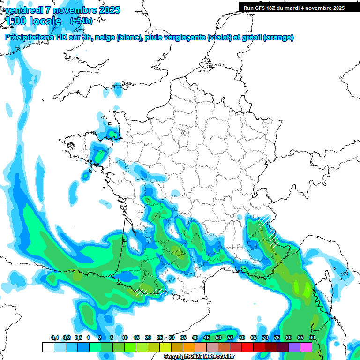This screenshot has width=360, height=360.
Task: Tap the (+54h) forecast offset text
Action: [x=81, y=21]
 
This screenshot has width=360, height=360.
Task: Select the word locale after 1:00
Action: [x=45, y=21]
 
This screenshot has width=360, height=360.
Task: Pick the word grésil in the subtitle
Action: [x=251, y=37]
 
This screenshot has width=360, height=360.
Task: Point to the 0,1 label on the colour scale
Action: [x=55, y=337]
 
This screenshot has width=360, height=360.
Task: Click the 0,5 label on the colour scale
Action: [x=78, y=337]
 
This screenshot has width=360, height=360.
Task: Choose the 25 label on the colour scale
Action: [x=160, y=337]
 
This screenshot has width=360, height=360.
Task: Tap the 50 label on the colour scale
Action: [x=218, y=337]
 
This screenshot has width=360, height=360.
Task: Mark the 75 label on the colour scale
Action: [x=277, y=337]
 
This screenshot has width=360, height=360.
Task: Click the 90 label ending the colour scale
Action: [x=312, y=337]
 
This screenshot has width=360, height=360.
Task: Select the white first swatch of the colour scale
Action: [x=48, y=347]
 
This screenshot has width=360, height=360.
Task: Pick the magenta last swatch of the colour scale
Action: [x=306, y=347]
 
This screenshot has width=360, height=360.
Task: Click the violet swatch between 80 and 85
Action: [x=294, y=347]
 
